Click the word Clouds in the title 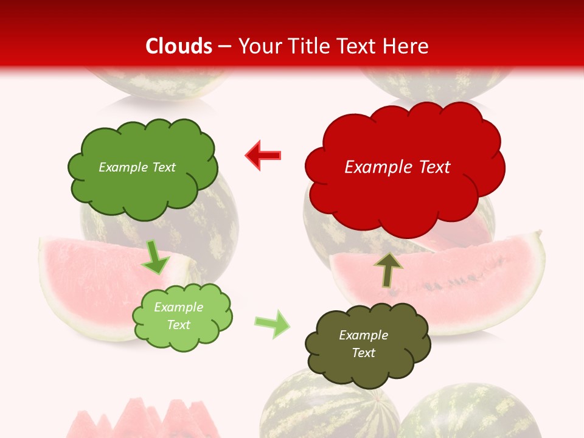coord(179,46)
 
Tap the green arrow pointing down coord(156,257)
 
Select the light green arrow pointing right coord(273,324)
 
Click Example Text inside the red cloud coord(397,167)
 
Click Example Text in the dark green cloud coord(137,167)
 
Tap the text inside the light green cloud coord(178,316)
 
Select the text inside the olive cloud coord(363,344)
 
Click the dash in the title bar coord(225,46)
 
